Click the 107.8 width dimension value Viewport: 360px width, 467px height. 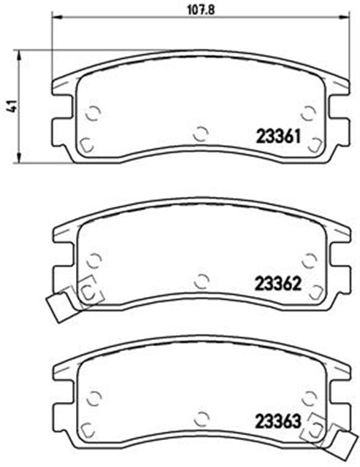pyautogui.click(x=201, y=10)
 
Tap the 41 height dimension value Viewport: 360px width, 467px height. pyautogui.click(x=12, y=107)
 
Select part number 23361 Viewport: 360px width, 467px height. pyautogui.click(x=278, y=137)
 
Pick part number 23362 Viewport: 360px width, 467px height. pyautogui.click(x=278, y=284)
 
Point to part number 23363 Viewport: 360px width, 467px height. pyautogui.click(x=278, y=422)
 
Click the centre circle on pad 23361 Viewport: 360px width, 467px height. pyautogui.click(x=201, y=134)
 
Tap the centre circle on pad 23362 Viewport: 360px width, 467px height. pyautogui.click(x=202, y=281)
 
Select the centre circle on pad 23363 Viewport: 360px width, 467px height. pyautogui.click(x=202, y=419)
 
